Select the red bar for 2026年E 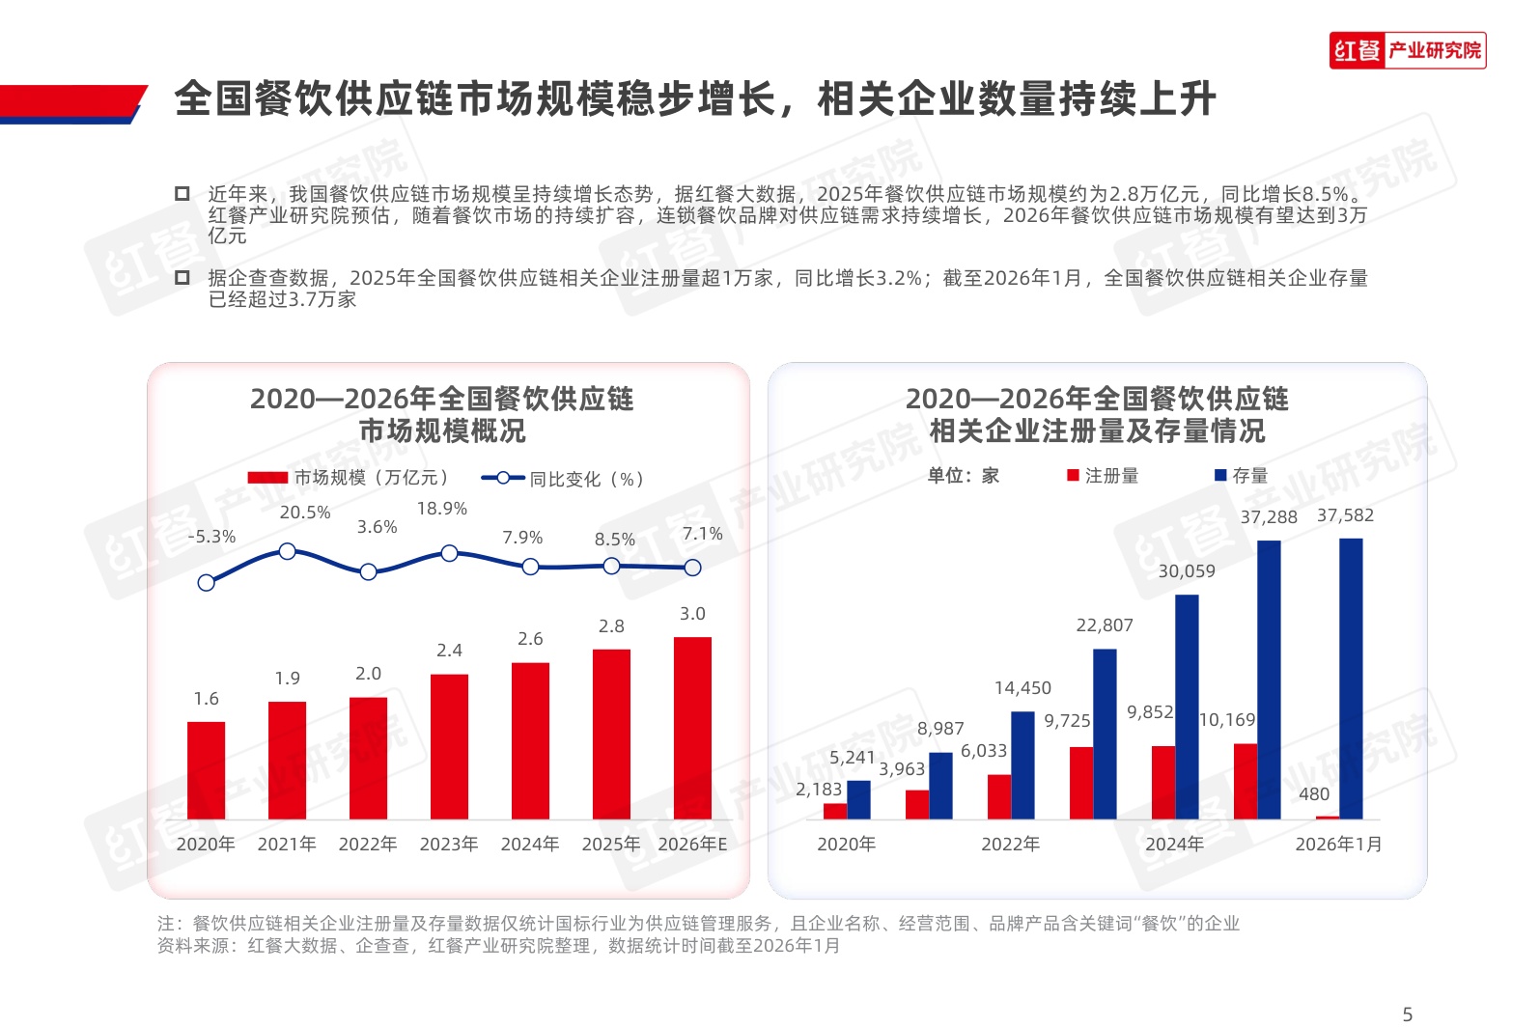coord(692,728)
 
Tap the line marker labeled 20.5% coord(287,551)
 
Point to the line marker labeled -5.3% coord(206,582)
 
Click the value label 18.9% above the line coord(441,509)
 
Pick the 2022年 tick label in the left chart coord(367,845)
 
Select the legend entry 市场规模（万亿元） coord(349,478)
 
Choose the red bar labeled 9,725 coord(1081,783)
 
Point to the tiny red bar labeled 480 coord(1328,818)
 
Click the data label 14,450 coord(1022,688)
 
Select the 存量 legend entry coord(1241,476)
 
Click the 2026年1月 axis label coord(1338,845)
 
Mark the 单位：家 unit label coord(963,476)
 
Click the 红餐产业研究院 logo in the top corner coord(1407,50)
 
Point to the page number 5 coord(1407,1014)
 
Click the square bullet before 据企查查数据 coord(182,278)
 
